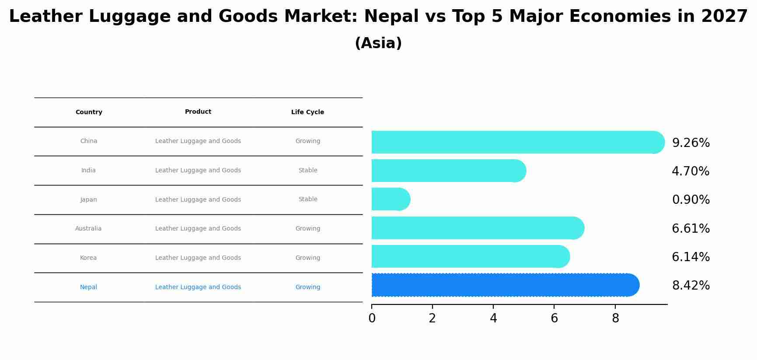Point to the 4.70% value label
click(x=691, y=171)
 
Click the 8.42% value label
click(x=691, y=286)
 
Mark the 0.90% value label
click(x=691, y=200)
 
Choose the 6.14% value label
click(x=691, y=257)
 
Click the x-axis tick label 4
click(x=493, y=318)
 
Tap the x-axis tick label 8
click(x=615, y=318)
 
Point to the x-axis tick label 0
click(x=372, y=318)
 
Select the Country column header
click(x=89, y=112)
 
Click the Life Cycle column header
click(x=307, y=112)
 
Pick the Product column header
click(x=198, y=112)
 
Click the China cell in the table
click(x=89, y=141)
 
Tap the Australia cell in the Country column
click(x=88, y=229)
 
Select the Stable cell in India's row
click(x=308, y=171)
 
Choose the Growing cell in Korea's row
click(x=307, y=258)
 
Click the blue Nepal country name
click(x=88, y=287)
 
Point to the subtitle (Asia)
click(x=378, y=43)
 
